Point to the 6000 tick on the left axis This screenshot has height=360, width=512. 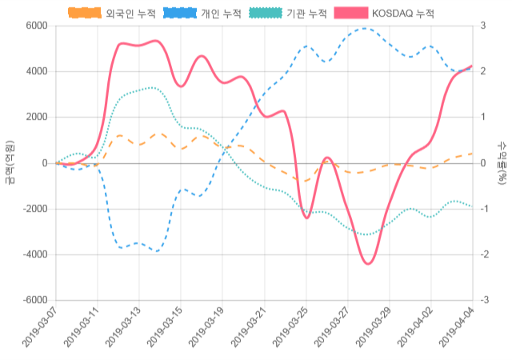coord(35,26)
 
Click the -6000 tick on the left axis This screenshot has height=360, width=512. coord(33,300)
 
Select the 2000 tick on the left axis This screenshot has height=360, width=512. coord(35,118)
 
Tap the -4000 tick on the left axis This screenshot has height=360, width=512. coord(33,254)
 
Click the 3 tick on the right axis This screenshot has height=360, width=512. coord(483,26)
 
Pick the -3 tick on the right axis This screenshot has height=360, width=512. coord(485,300)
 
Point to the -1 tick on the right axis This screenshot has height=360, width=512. coord(485,209)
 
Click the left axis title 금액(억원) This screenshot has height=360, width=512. coord(10,162)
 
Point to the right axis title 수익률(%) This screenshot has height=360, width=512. coord(502,162)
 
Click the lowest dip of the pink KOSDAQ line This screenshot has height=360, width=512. coord(368,263)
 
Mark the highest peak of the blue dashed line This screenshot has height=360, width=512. coord(365,29)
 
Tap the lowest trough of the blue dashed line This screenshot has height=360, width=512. coord(157,251)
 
